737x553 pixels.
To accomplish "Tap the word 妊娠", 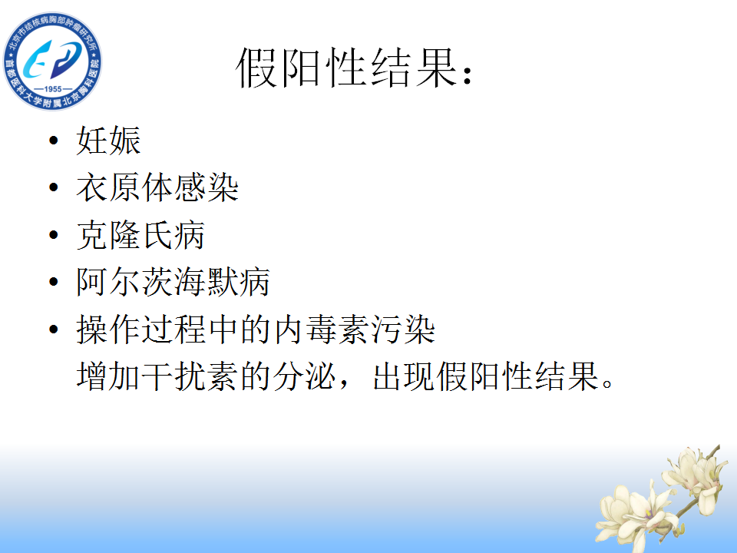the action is coord(108,140).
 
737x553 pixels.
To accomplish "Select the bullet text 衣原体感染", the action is coord(157,187).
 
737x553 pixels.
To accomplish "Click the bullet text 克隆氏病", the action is coord(140,235).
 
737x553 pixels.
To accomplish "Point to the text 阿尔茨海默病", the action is coord(173,282).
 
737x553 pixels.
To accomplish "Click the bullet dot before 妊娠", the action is coord(54,140).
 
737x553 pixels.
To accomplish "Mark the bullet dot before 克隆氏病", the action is coord(54,235).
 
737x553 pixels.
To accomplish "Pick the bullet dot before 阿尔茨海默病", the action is coord(54,282).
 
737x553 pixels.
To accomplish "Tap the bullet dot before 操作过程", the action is coord(54,329).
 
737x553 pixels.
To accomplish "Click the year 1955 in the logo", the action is coord(53,89).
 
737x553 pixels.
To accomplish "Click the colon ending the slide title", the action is coord(468,75).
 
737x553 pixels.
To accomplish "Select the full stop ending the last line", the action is coord(607,383).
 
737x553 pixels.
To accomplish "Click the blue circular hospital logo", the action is coord(53,61).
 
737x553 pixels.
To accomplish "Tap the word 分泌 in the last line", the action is coord(304,376).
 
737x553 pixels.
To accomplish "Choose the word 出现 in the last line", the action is coord(405,376).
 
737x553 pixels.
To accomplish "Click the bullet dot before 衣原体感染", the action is coord(54,187).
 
